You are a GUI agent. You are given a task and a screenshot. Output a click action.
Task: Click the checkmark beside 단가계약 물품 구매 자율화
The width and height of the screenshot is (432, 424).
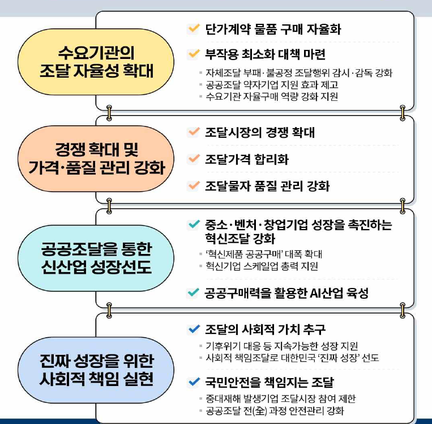(x=194, y=28)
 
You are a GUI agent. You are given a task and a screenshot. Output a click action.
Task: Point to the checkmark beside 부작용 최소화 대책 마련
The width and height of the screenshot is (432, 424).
(x=194, y=54)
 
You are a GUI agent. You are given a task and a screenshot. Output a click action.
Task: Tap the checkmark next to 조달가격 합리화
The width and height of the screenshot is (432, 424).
(x=194, y=159)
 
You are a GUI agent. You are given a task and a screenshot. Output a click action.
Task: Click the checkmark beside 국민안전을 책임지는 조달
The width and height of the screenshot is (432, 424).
(x=194, y=382)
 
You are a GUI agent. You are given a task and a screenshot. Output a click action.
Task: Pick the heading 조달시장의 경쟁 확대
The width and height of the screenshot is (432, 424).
(x=260, y=133)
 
